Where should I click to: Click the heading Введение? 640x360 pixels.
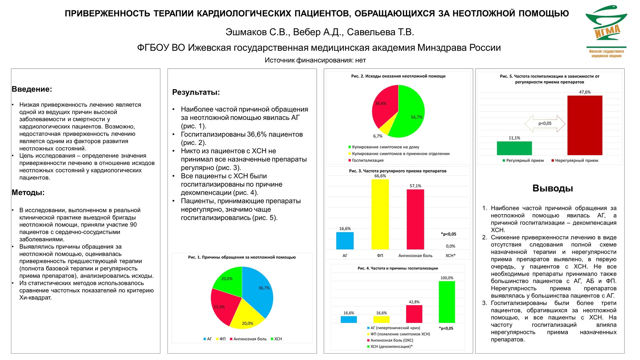coord(32,89)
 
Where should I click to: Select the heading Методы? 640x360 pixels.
coord(28,192)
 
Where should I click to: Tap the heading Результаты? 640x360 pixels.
coord(196,92)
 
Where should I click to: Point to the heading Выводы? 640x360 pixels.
coord(553,188)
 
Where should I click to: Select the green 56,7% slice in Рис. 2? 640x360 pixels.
coord(411,114)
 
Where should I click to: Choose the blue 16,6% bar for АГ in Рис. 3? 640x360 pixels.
coord(345,241)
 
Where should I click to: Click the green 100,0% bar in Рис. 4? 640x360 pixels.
coord(447,302)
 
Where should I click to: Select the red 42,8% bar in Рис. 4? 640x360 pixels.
coord(414,314)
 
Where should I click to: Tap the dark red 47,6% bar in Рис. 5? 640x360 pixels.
coord(585,125)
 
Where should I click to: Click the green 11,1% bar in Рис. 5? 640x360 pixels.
coord(514,148)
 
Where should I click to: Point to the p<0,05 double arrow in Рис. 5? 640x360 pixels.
coord(545,123)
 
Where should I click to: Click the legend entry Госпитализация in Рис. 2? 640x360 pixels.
coord(367,160)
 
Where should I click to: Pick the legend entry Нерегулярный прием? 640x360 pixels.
coord(576,160)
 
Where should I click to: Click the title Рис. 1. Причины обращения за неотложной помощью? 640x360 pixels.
coord(242,257)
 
